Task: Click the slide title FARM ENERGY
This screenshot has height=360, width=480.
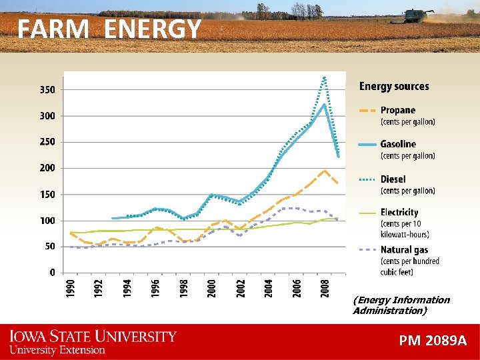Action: click(x=109, y=29)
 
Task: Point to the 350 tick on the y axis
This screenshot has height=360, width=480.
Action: click(x=46, y=89)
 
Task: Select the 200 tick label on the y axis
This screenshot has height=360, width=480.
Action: click(x=46, y=168)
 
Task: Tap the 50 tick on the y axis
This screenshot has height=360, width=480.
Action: click(x=49, y=247)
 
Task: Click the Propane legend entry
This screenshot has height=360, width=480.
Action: click(x=397, y=111)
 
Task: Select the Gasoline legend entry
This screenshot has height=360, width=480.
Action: click(x=397, y=144)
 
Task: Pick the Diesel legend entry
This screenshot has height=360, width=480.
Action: click(x=393, y=179)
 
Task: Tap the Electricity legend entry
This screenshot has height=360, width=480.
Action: click(x=399, y=213)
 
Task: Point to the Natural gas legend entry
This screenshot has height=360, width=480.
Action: click(x=404, y=250)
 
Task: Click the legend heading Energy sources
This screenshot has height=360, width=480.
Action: click(x=394, y=86)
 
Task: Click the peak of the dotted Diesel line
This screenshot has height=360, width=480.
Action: click(x=325, y=78)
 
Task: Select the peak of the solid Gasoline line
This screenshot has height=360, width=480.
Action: click(x=325, y=104)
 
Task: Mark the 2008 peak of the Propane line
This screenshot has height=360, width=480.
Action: click(x=324, y=170)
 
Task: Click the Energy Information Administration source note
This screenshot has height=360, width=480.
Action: click(x=401, y=305)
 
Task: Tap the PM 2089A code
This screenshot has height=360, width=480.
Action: click(x=433, y=341)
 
